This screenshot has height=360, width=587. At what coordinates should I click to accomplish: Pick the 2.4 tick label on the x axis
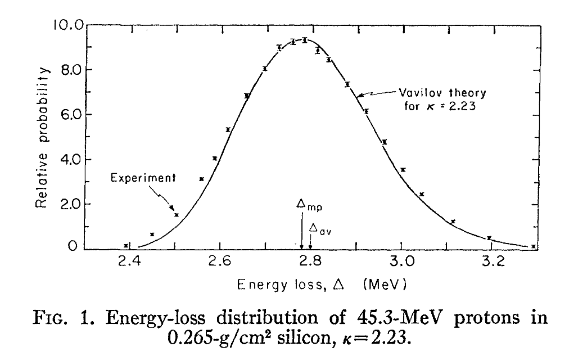(129, 263)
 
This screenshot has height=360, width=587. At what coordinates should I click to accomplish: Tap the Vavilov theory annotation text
(442, 92)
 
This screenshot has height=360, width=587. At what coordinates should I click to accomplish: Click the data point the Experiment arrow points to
(177, 215)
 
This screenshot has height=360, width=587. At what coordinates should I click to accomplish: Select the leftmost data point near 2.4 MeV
(127, 245)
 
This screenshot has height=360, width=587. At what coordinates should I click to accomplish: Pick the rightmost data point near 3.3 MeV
(533, 246)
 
